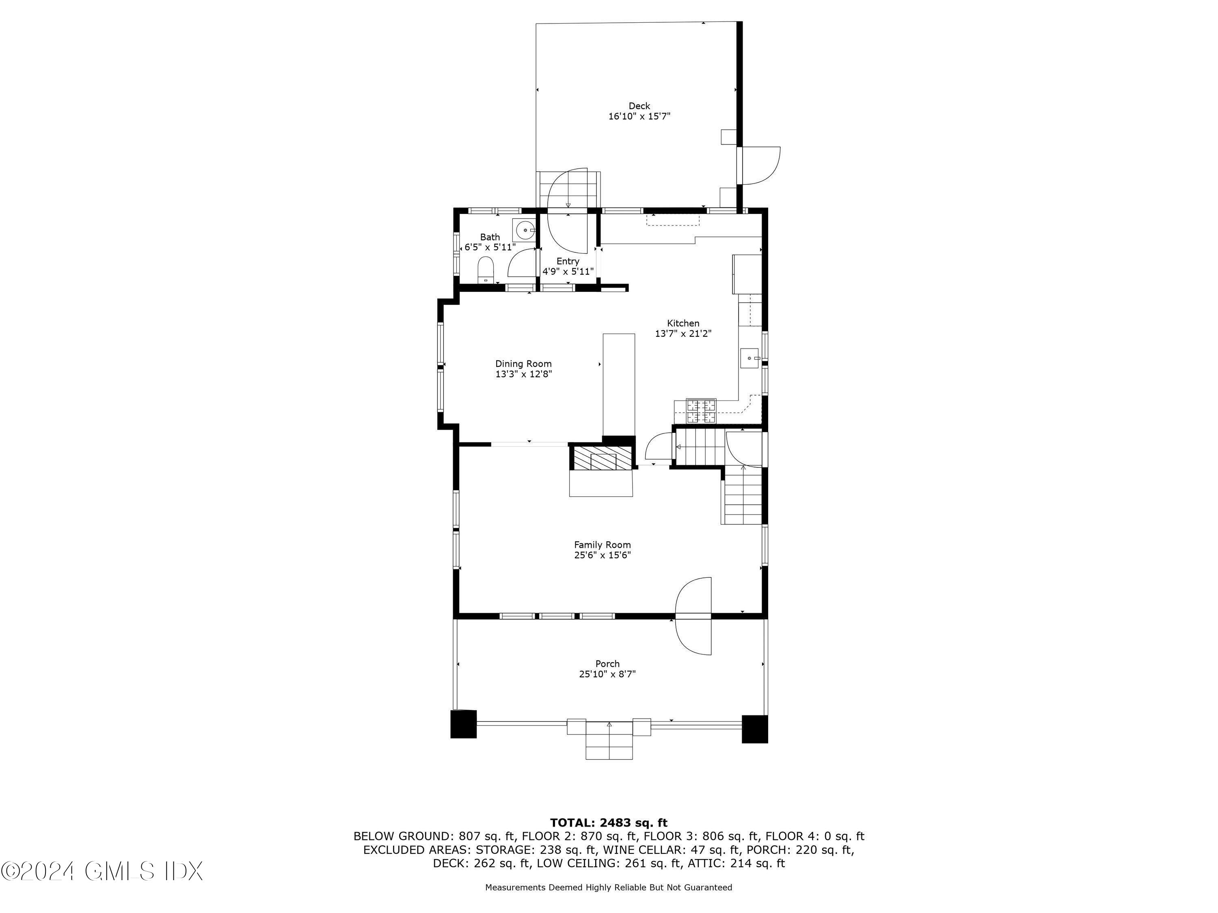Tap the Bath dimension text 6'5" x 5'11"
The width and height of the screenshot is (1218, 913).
[x=490, y=248]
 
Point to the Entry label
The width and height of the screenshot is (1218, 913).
[x=567, y=261]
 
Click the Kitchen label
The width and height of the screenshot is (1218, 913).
[x=683, y=323]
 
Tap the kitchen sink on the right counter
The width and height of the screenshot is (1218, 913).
[x=749, y=358]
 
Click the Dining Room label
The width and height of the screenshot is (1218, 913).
[x=523, y=364]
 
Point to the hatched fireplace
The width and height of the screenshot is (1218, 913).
[x=601, y=457]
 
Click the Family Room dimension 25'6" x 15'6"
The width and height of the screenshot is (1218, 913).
[x=603, y=555]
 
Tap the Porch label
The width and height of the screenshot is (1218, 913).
[x=607, y=664]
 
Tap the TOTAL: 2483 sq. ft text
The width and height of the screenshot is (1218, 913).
[x=609, y=823]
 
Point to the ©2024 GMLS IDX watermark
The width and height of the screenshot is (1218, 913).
[x=102, y=871]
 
